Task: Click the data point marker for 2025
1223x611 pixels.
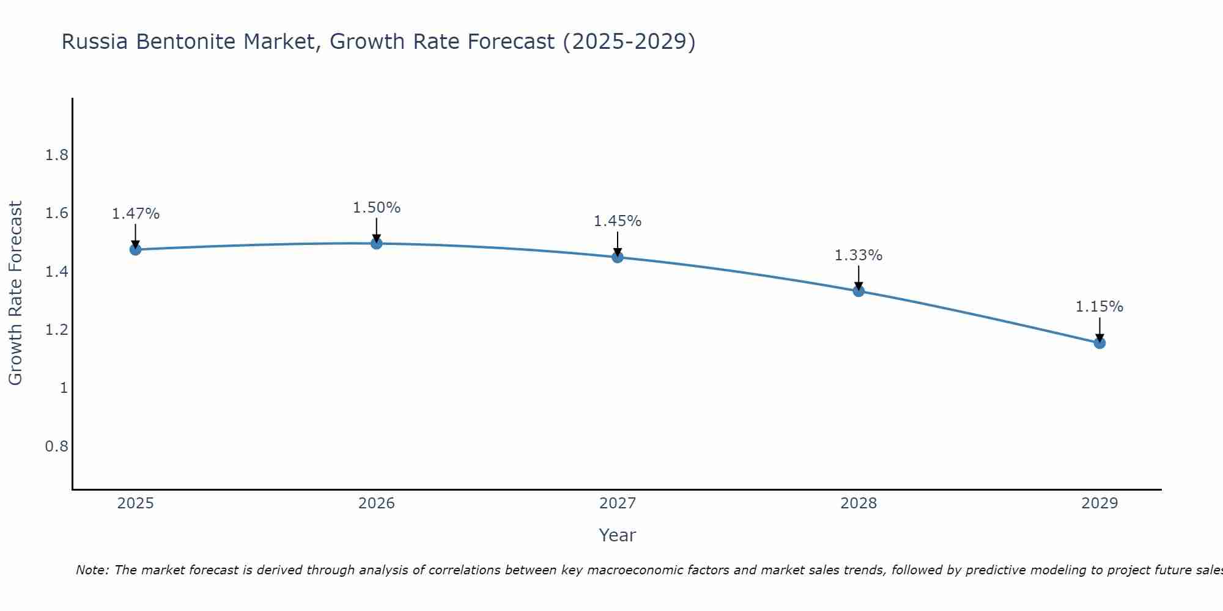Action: click(x=136, y=249)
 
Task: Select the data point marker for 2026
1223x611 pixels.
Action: click(x=377, y=243)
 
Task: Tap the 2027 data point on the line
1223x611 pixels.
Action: click(x=618, y=257)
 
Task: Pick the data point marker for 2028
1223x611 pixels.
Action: click(x=859, y=291)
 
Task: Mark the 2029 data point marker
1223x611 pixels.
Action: click(x=1099, y=343)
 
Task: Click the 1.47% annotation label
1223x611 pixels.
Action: click(x=136, y=214)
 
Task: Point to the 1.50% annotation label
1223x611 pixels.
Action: click(x=377, y=208)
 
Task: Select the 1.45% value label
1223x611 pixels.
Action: click(x=618, y=221)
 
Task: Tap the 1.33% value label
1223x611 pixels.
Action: click(x=859, y=255)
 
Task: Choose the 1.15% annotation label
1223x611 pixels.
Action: click(x=1099, y=307)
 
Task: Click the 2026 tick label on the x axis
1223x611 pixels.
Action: click(x=377, y=503)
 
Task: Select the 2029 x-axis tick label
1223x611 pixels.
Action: click(x=1099, y=503)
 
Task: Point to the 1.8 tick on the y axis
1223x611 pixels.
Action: click(x=57, y=155)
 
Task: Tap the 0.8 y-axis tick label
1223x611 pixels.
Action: click(x=57, y=447)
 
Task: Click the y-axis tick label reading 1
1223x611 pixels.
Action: click(x=64, y=388)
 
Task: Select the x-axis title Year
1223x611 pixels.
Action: click(x=618, y=535)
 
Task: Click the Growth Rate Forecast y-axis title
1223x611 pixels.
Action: click(x=16, y=293)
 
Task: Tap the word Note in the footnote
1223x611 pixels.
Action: click(x=92, y=570)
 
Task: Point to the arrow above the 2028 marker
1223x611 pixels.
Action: click(x=859, y=277)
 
